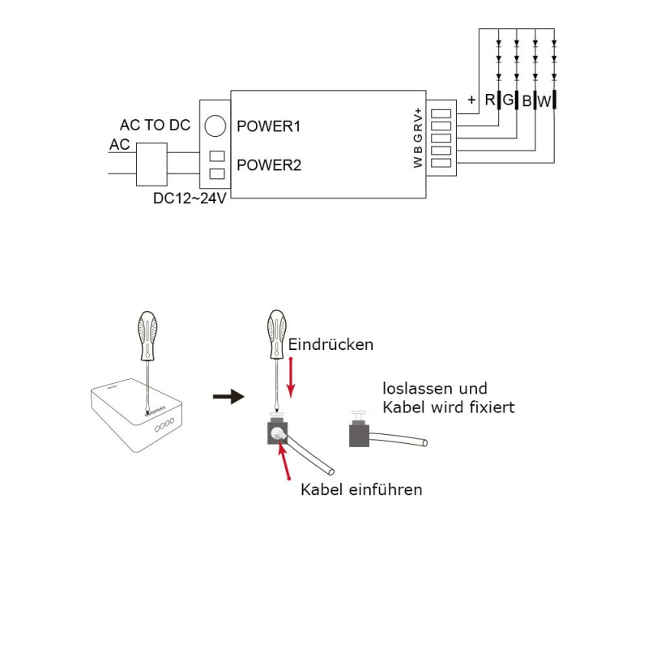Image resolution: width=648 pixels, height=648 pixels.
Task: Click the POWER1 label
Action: point(268,126)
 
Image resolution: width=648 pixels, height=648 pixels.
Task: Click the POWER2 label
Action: point(269,165)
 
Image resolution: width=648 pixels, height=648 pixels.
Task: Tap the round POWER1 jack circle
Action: point(215,126)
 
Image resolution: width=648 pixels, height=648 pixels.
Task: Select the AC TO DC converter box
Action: point(151,164)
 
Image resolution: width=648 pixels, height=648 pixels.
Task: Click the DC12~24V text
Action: point(190,198)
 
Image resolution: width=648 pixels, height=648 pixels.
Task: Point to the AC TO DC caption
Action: point(155,125)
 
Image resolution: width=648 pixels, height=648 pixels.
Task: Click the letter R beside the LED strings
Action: point(490,100)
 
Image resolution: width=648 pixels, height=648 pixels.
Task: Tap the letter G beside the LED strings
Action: point(508,100)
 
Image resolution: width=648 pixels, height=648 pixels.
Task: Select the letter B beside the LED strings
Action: point(526,100)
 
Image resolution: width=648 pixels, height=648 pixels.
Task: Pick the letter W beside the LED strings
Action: point(544,101)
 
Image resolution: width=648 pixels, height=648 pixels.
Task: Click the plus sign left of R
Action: point(471,100)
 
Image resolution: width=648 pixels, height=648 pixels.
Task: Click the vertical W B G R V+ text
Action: point(418,138)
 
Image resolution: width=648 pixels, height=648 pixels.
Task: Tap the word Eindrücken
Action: point(330,345)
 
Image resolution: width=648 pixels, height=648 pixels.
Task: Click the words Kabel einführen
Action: point(361,490)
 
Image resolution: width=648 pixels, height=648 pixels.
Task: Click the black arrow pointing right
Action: point(228,397)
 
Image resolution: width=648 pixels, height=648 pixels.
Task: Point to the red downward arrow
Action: point(291,377)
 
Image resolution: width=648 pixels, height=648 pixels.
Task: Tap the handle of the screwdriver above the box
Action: point(147,335)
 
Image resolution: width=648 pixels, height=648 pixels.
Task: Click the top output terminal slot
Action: point(441,113)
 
